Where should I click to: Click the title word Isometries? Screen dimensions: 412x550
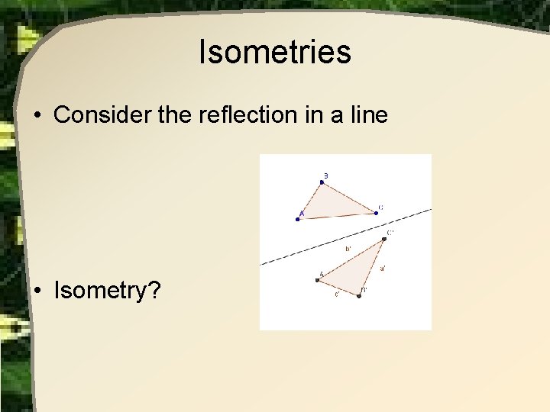click(274, 52)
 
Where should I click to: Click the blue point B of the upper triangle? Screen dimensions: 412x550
click(322, 182)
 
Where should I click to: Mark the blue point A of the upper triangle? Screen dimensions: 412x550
click(298, 219)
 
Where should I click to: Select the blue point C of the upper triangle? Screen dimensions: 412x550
click(376, 213)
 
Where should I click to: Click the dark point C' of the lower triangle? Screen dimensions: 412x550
click(384, 239)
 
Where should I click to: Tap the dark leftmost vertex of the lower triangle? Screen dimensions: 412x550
click(318, 280)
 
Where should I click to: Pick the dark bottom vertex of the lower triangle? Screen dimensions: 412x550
click(359, 295)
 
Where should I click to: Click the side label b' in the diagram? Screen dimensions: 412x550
click(348, 249)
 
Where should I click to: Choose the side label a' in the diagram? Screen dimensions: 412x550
click(383, 268)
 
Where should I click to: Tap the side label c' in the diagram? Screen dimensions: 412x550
click(337, 295)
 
